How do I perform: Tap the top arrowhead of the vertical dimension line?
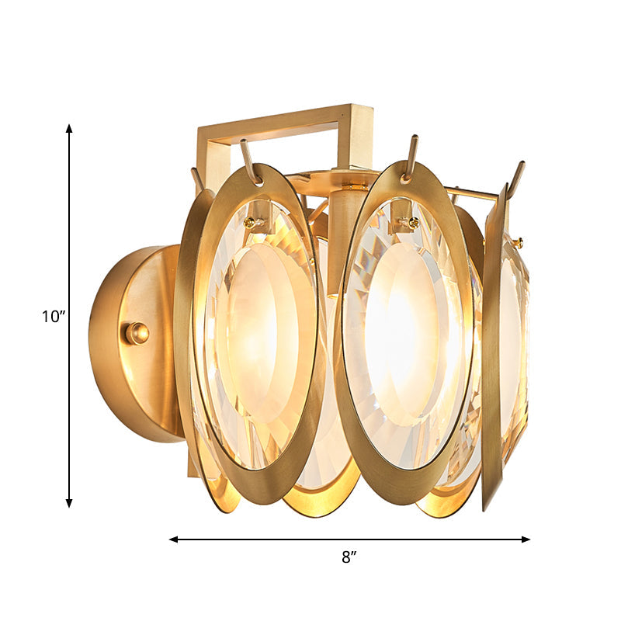(69, 129)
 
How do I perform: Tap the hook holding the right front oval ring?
(411, 156)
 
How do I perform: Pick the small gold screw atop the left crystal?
(251, 223)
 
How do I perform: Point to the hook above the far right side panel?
(515, 177)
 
